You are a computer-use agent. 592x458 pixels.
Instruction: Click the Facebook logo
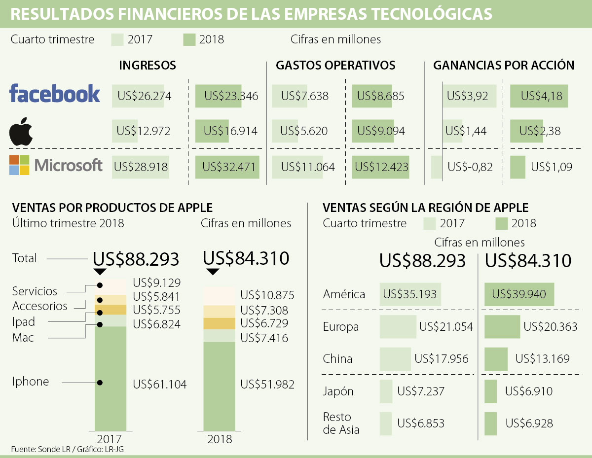(55, 94)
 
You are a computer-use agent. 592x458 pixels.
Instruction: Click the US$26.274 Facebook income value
(142, 96)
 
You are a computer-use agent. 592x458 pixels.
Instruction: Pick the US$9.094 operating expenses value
(380, 131)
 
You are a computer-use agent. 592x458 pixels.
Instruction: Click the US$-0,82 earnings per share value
(470, 167)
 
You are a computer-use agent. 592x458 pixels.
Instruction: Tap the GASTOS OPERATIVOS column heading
(335, 65)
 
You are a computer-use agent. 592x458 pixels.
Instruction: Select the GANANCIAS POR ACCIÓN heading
(503, 65)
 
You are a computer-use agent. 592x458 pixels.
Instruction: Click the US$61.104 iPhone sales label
(160, 385)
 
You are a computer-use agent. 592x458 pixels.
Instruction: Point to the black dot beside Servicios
(100, 285)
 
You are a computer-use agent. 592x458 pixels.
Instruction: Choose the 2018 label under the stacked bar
(220, 439)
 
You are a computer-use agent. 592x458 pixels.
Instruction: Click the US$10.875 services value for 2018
(267, 295)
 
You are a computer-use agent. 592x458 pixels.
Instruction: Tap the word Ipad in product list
(24, 322)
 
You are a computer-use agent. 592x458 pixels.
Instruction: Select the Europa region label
(341, 327)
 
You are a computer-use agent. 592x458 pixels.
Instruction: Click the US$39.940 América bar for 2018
(519, 294)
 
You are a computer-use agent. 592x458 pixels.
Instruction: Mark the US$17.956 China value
(441, 359)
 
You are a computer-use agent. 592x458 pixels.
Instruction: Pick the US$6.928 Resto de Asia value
(529, 423)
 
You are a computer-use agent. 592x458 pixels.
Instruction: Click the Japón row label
(338, 391)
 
